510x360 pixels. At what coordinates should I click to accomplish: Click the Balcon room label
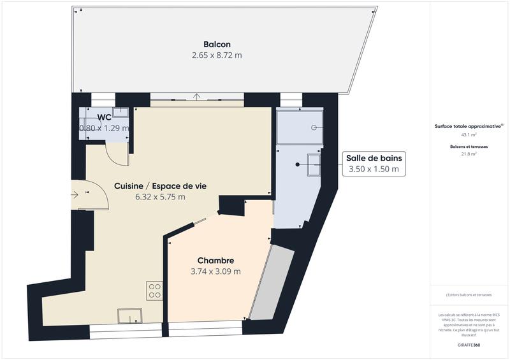(x=217, y=44)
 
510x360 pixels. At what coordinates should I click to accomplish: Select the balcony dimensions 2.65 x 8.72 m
(x=217, y=55)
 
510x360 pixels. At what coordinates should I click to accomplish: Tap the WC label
(x=104, y=117)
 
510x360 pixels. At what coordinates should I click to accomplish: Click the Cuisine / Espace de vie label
(x=160, y=185)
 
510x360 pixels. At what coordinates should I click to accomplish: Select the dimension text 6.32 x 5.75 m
(x=160, y=197)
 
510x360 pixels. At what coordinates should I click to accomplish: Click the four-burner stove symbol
(x=155, y=291)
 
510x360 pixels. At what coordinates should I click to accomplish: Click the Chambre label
(x=215, y=261)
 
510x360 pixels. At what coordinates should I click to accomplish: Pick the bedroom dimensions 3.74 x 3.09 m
(x=215, y=271)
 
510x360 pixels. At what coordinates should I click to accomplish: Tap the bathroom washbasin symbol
(x=314, y=164)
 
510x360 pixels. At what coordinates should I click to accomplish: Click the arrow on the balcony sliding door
(x=198, y=97)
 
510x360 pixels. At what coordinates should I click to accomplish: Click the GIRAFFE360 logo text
(x=469, y=345)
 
